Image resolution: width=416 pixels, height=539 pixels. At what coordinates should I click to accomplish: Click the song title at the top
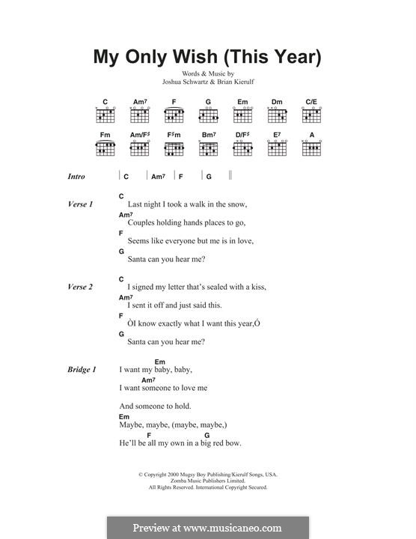[x=207, y=57]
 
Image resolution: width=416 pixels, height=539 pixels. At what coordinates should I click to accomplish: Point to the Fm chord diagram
[x=105, y=147]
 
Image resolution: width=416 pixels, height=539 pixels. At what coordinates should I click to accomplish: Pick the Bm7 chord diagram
[x=209, y=147]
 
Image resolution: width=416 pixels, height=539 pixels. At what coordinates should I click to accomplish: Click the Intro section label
[x=76, y=177]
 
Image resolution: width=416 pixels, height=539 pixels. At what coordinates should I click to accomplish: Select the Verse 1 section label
[x=80, y=204]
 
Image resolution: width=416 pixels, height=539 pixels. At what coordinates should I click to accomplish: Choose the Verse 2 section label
[x=80, y=287]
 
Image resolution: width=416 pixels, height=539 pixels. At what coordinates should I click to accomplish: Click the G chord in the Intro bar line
[x=209, y=177]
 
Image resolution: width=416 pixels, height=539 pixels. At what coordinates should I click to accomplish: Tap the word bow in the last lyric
[x=233, y=443]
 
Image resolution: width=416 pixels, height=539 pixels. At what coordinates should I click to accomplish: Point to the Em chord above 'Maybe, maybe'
[x=123, y=417]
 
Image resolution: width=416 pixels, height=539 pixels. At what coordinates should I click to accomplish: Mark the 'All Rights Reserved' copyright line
[x=207, y=487]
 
